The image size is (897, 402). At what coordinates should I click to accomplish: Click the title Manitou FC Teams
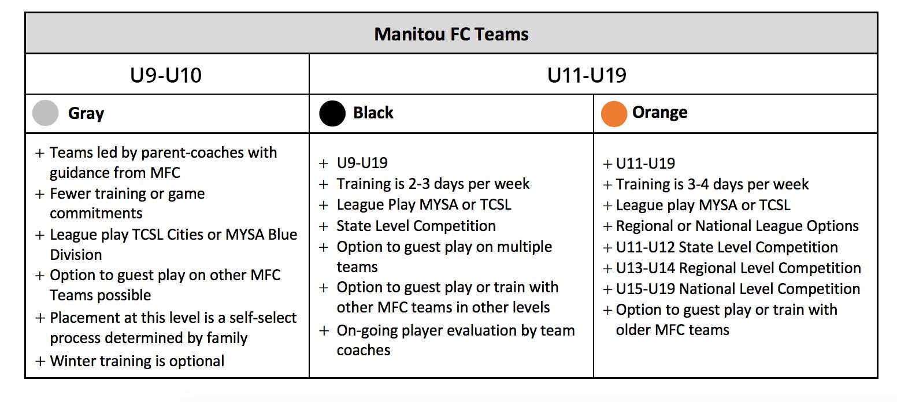tap(451, 35)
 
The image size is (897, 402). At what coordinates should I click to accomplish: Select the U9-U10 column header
tap(166, 75)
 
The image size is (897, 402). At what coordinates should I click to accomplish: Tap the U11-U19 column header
tap(587, 75)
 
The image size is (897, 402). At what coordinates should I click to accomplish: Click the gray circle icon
tap(45, 113)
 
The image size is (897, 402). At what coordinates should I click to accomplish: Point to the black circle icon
tap(332, 113)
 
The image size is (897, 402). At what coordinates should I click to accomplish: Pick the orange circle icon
tap(614, 114)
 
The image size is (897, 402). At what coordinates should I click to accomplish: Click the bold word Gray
tap(86, 114)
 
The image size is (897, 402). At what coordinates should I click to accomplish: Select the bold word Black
tap(373, 113)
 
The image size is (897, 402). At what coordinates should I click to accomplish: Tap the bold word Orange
tap(659, 113)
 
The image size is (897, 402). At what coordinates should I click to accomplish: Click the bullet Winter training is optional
tap(137, 361)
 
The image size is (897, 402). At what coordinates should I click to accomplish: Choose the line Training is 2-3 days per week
tap(433, 184)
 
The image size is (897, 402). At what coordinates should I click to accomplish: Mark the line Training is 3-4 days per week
tap(712, 184)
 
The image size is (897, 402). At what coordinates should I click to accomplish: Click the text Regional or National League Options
tap(737, 226)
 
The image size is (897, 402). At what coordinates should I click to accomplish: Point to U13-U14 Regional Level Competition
tap(739, 268)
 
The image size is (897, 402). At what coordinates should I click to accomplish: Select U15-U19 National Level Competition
tap(738, 289)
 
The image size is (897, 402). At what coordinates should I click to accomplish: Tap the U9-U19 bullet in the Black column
tap(362, 163)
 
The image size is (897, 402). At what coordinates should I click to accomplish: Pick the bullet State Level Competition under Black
tap(416, 226)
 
